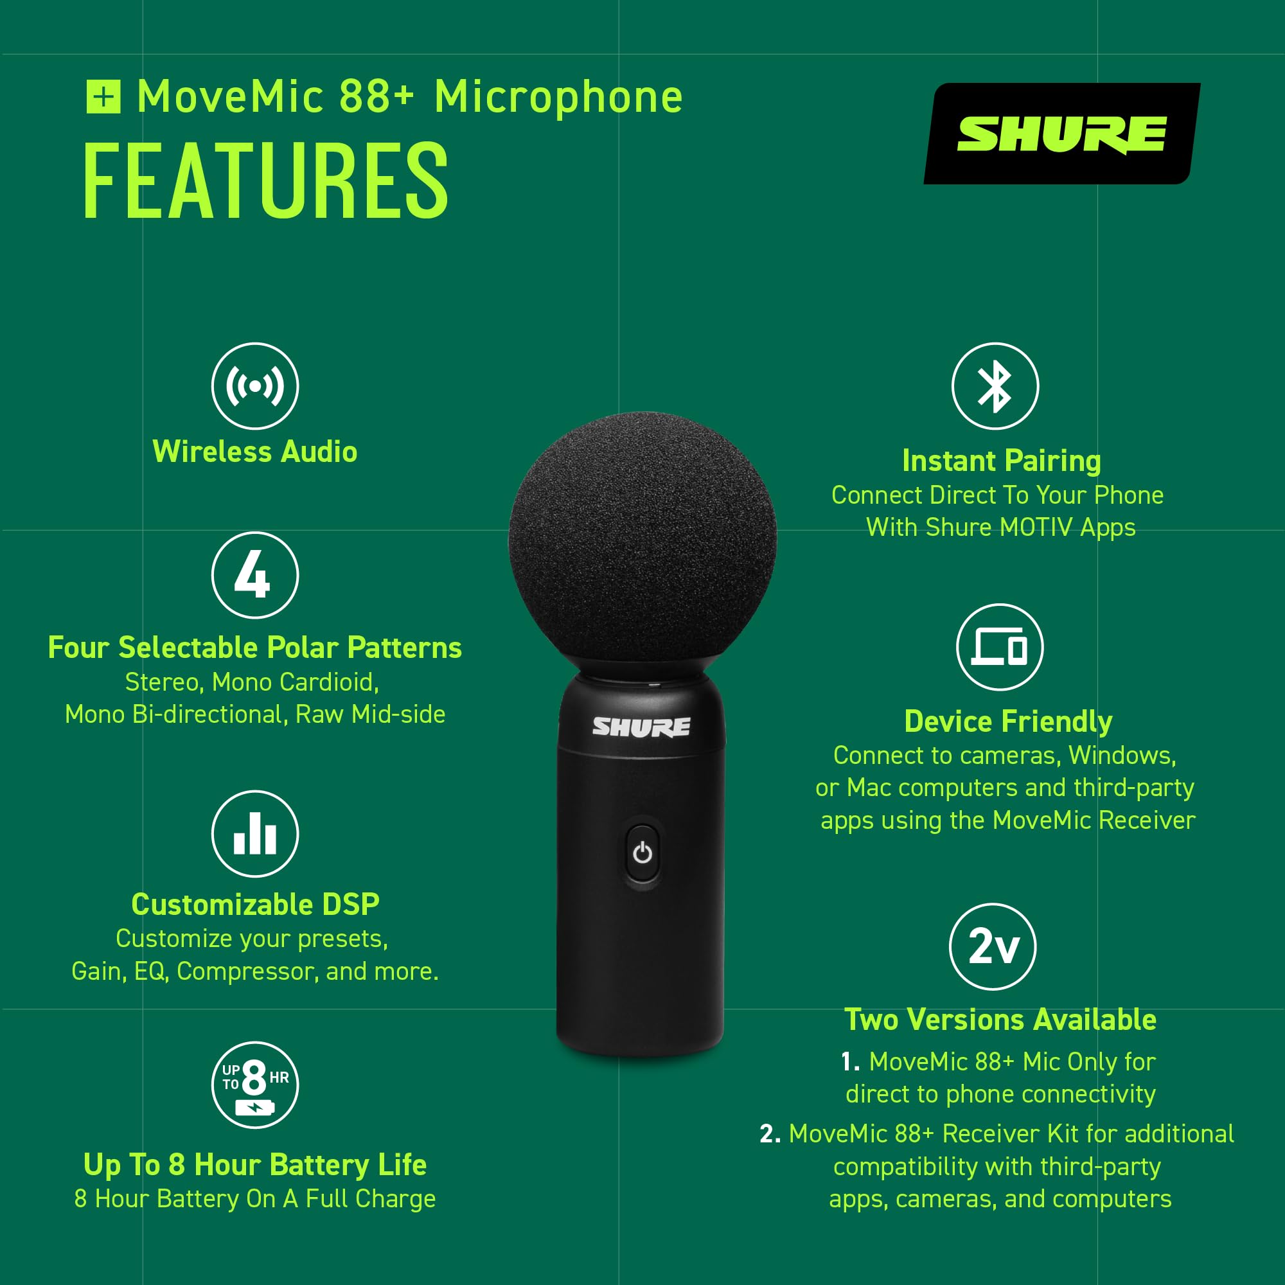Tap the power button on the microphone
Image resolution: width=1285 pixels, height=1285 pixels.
click(x=642, y=853)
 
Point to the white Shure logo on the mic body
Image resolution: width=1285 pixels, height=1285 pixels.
click(x=641, y=727)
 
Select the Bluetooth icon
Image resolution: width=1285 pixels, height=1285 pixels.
click(x=995, y=386)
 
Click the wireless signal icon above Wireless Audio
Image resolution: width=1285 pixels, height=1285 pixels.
click(x=254, y=386)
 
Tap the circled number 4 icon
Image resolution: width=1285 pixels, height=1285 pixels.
click(x=254, y=575)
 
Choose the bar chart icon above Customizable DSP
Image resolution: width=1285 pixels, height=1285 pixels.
click(x=254, y=834)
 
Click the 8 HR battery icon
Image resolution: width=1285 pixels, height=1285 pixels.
click(x=254, y=1085)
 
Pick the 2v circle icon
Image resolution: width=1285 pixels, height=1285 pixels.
click(x=993, y=946)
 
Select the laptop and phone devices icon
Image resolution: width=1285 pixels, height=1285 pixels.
click(x=1000, y=647)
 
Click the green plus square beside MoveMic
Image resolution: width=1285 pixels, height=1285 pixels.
click(x=103, y=97)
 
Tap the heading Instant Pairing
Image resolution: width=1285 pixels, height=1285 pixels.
click(x=1002, y=460)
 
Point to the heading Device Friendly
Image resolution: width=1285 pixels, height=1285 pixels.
click(x=1008, y=721)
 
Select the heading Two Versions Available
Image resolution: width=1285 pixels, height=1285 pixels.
click(x=1000, y=1019)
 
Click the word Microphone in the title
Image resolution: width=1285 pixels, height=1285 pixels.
click(x=559, y=98)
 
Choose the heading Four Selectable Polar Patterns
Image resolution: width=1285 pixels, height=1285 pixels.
click(x=254, y=647)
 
